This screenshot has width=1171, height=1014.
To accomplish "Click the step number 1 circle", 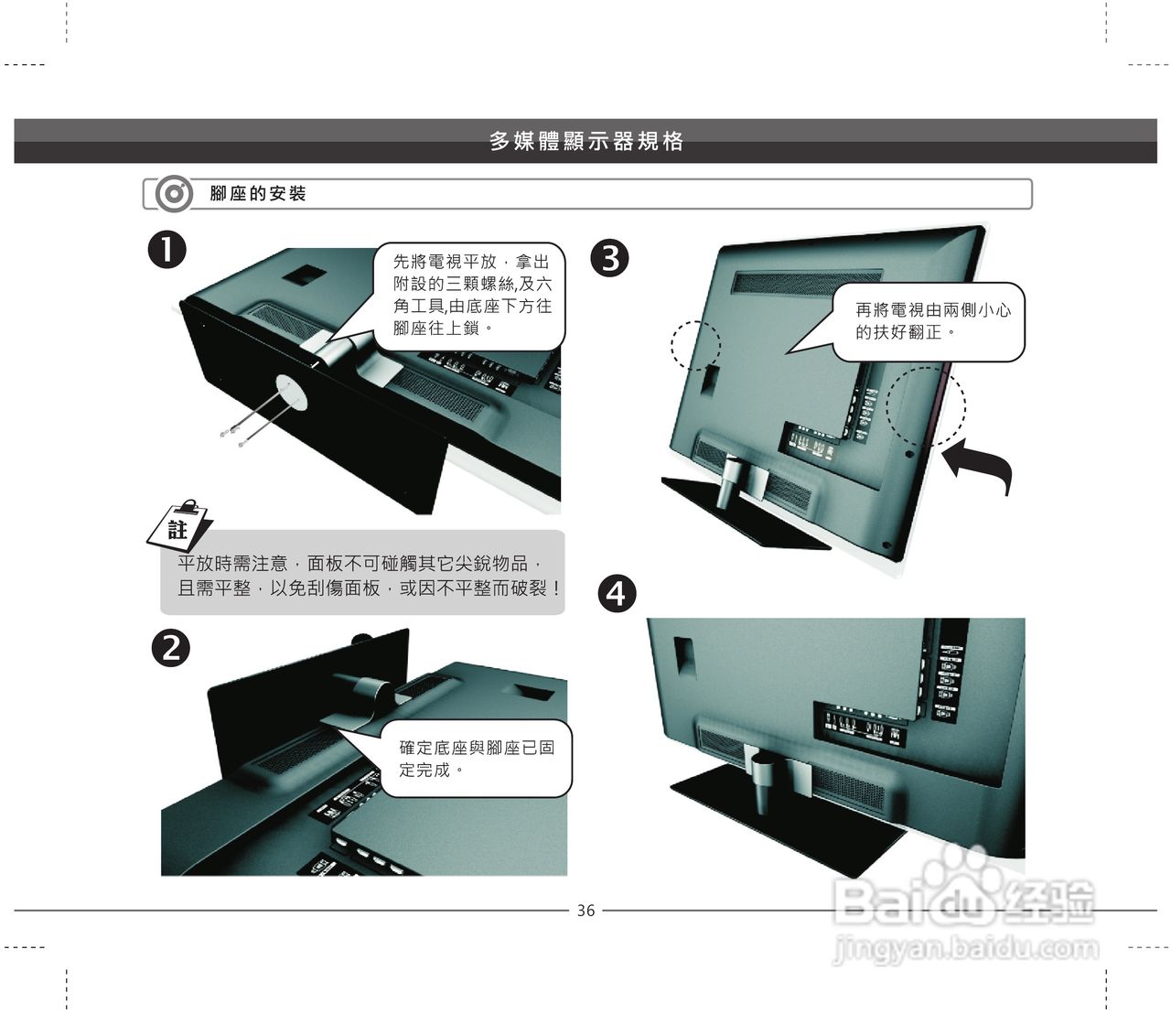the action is click(167, 250).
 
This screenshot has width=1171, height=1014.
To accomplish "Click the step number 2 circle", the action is click(170, 649).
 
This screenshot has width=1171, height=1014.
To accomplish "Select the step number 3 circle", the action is click(609, 258).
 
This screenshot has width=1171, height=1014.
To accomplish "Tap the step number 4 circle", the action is click(618, 594).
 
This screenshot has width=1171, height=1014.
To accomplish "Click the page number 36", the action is click(585, 911).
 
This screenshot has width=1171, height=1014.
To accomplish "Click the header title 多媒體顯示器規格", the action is click(586, 141).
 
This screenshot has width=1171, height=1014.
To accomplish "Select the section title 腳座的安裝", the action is click(258, 194).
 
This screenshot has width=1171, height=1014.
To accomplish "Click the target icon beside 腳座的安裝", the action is click(174, 194).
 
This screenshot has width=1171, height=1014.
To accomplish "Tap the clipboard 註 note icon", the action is click(180, 525).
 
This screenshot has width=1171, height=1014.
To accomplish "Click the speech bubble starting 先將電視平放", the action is click(469, 297).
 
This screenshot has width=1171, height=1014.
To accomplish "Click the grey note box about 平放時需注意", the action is click(362, 573).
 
